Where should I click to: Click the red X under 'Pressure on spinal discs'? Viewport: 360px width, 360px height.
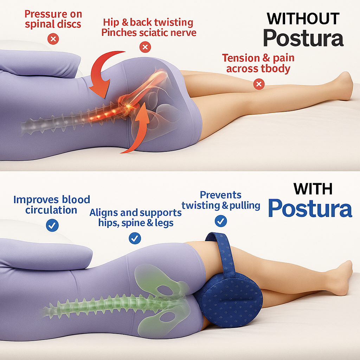53,39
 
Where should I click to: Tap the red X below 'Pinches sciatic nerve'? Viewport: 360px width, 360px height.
145,47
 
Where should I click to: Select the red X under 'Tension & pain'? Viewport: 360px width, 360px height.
259,84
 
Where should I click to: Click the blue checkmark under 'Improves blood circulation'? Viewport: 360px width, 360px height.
52,225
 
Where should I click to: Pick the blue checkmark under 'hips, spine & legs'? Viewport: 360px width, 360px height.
135,238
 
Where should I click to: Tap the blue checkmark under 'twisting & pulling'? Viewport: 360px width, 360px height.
221,221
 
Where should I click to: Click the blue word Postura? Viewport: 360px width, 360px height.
310,208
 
